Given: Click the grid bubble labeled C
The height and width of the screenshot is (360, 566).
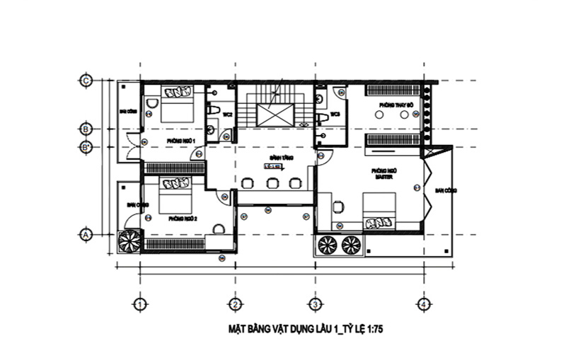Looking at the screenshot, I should (x=86, y=80).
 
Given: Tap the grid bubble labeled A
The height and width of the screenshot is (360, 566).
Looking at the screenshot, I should (x=86, y=234).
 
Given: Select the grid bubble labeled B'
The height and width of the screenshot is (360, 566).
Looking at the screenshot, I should (x=86, y=147).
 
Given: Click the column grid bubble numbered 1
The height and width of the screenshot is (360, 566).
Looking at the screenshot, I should (x=139, y=304).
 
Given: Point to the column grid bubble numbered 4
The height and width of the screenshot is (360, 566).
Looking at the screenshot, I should (x=423, y=304).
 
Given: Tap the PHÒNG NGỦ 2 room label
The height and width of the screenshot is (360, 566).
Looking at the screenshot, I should (x=182, y=219).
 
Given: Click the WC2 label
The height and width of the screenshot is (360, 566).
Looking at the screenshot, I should (x=228, y=114).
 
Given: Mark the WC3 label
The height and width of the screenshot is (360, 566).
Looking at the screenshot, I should (x=335, y=114).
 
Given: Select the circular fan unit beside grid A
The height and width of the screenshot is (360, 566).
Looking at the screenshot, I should (x=130, y=241).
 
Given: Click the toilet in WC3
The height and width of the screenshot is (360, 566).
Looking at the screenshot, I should (x=321, y=117).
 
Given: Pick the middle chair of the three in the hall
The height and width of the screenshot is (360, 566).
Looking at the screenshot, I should (x=271, y=182).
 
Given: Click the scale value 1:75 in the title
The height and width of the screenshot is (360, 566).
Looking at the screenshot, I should (x=379, y=329).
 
